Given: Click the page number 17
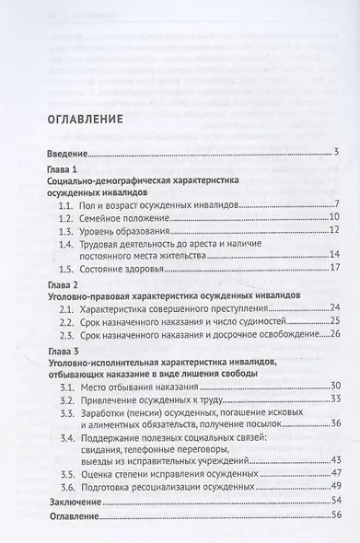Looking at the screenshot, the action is click(335, 271).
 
